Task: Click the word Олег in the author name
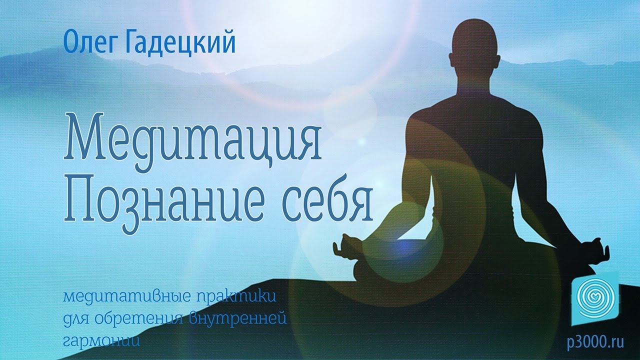88,43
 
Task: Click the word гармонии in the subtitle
100,340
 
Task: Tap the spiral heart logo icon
595,296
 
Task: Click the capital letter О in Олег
70,43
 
